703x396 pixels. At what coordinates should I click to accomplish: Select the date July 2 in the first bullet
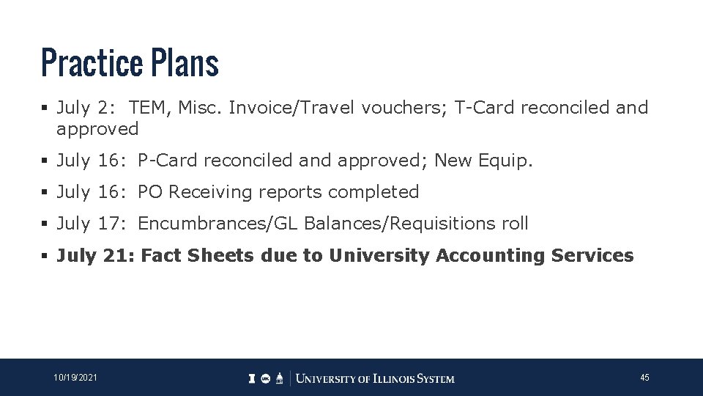coord(83,108)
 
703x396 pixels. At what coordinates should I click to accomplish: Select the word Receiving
coord(209,192)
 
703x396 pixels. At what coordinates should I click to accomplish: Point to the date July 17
coord(87,224)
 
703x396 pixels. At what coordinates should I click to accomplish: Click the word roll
coord(513,224)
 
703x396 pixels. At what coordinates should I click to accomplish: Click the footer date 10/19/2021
coord(75,378)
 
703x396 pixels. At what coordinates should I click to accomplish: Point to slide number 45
coord(644,378)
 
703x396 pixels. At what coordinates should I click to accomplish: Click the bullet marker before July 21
coord(45,256)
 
